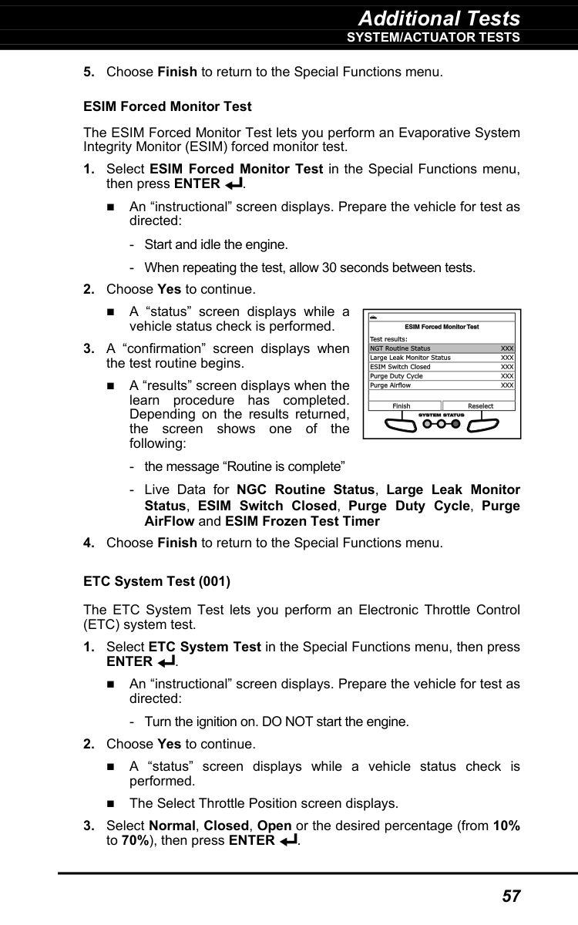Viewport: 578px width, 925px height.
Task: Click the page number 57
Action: (x=511, y=896)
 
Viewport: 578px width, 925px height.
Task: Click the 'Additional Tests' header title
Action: (x=439, y=18)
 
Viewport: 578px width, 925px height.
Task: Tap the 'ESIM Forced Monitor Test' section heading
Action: (x=167, y=106)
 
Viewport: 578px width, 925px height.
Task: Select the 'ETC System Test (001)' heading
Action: (x=156, y=581)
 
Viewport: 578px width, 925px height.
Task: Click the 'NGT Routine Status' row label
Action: (x=400, y=348)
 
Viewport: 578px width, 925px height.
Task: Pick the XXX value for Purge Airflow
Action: (x=507, y=385)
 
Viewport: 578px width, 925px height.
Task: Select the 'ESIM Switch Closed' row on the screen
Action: (x=400, y=367)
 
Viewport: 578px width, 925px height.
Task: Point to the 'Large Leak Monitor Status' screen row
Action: (x=410, y=358)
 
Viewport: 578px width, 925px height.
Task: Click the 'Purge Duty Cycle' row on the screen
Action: (x=396, y=376)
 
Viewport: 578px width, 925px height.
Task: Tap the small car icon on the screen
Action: (x=374, y=317)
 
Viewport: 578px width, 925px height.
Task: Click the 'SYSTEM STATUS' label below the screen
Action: (x=441, y=415)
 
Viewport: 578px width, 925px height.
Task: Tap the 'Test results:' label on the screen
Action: (x=389, y=339)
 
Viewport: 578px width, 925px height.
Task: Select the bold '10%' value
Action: (x=506, y=826)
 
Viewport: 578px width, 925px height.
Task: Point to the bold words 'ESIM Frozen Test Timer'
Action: (x=312, y=521)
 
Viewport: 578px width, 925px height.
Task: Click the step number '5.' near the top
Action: (x=89, y=72)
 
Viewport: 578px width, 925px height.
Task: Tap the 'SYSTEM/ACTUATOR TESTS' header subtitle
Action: (x=433, y=37)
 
